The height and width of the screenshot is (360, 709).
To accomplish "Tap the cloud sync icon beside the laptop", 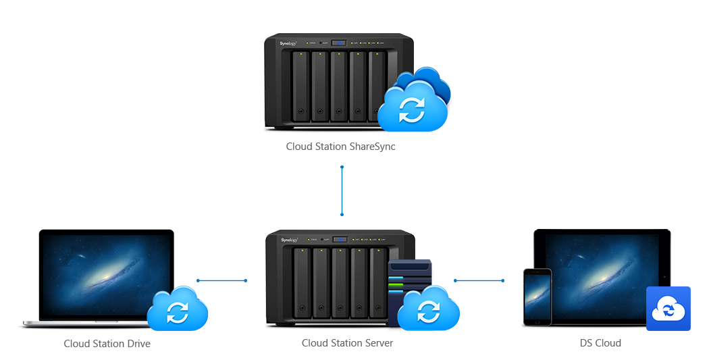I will (178, 311).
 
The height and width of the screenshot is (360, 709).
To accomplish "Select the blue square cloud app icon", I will (668, 309).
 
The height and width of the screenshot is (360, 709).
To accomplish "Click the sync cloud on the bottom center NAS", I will (427, 311).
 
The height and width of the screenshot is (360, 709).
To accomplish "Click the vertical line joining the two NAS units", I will (342, 190).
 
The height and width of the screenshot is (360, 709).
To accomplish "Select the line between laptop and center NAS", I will (221, 280).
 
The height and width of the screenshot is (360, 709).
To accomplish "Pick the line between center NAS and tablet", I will (479, 280).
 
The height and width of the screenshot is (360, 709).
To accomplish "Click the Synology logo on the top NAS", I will (289, 44).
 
